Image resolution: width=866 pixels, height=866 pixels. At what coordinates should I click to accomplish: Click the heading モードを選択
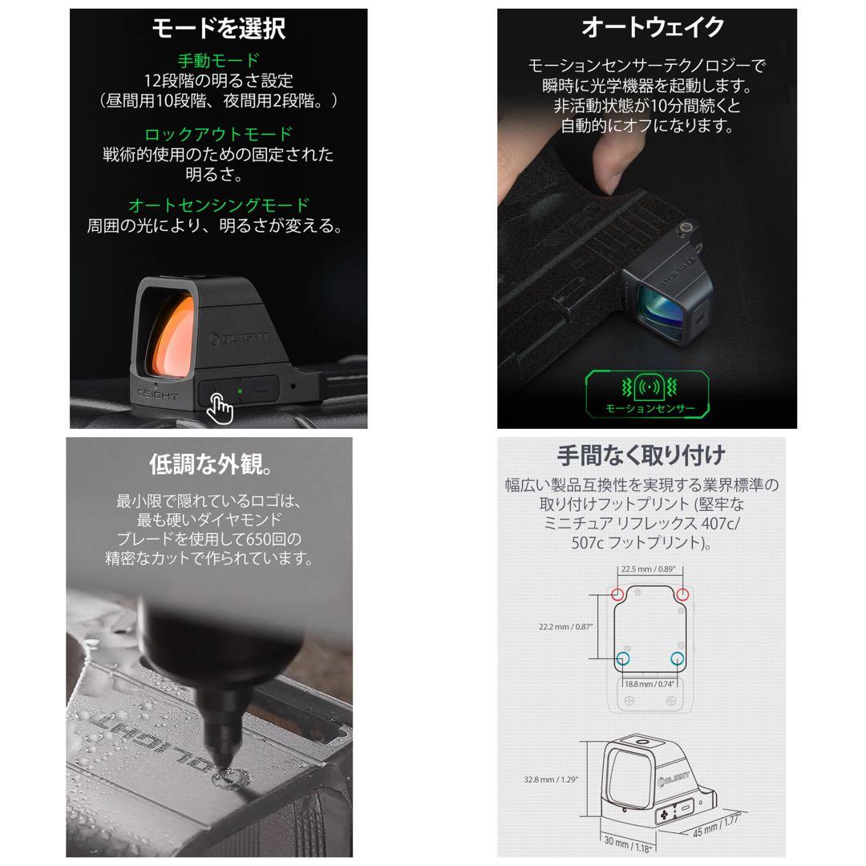coord(219,29)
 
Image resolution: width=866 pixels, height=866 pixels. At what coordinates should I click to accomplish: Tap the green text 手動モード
coord(218,60)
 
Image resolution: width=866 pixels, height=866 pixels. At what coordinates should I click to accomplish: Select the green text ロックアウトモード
coord(218,134)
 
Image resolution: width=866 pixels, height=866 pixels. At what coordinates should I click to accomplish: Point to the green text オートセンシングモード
coord(218,206)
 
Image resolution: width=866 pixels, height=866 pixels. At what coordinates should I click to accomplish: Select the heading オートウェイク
coord(652,28)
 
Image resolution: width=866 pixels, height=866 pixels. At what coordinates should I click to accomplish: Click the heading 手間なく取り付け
coord(641,455)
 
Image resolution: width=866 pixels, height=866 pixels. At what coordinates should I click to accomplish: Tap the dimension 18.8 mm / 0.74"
coord(649,683)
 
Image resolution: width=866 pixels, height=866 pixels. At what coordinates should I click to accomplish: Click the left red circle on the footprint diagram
coord(617,594)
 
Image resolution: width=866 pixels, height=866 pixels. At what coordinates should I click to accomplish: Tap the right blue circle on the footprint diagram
coord(678,659)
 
